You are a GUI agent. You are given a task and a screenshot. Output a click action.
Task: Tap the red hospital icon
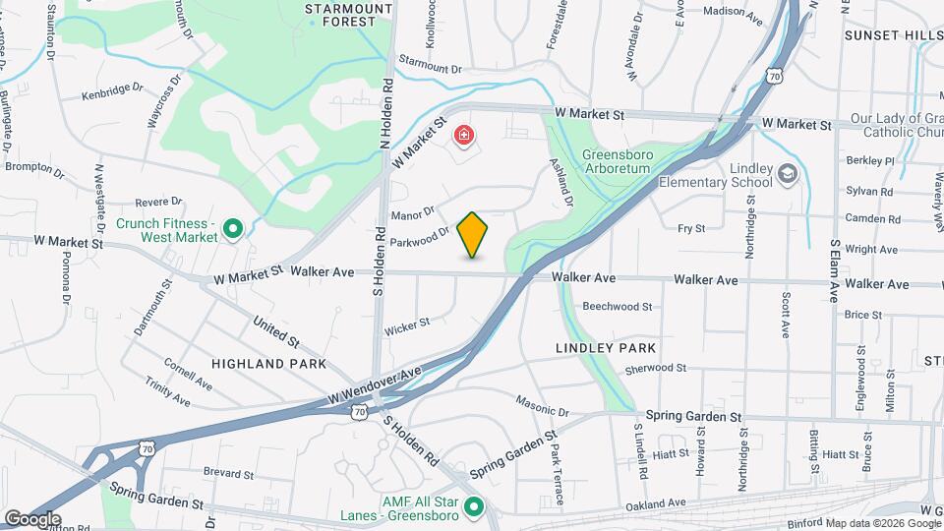[x=464, y=135]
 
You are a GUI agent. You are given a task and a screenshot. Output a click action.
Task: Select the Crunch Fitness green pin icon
[x=233, y=230]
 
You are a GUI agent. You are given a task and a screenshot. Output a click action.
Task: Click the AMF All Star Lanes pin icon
[x=474, y=507]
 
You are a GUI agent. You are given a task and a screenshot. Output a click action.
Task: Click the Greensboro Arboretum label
[x=630, y=161]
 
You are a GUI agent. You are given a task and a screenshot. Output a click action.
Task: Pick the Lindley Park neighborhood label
[x=604, y=348]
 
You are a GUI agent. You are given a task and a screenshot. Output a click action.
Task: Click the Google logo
[x=32, y=519]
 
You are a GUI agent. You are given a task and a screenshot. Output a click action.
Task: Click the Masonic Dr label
[x=542, y=405]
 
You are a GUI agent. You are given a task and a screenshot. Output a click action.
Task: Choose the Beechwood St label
[x=618, y=307]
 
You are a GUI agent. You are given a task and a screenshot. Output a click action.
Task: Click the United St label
[x=275, y=331]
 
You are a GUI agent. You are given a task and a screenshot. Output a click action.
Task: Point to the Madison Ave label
[x=734, y=14]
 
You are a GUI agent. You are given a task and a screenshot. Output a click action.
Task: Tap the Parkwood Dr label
[x=419, y=236]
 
